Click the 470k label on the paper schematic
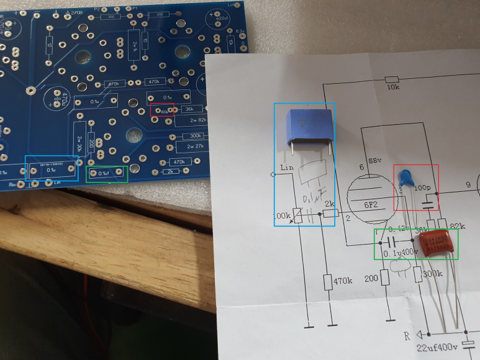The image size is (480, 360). pos(343,281)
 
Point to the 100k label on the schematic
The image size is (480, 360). pos(282,216)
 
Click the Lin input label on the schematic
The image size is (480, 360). pos(286,168)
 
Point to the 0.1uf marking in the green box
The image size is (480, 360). pos(107,173)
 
